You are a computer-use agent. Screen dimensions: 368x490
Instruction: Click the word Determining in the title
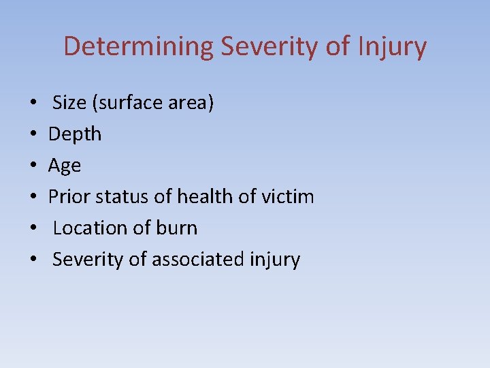coord(137,47)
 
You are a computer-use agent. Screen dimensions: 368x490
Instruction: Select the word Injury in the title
coord(393,47)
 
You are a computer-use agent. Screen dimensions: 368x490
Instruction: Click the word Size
coord(70,103)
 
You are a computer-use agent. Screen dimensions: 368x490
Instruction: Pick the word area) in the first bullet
coord(191,103)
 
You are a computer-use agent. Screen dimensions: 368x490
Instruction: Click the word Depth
coord(75,134)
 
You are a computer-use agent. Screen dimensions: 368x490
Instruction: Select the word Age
coord(65,166)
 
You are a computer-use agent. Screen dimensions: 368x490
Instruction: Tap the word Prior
coord(69,197)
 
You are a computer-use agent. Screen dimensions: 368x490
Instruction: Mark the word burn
coord(176,228)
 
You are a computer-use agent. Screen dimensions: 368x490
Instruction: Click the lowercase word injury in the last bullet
coord(275,260)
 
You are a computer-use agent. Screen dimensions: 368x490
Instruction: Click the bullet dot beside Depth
coord(33,135)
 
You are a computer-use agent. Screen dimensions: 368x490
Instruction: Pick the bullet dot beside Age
coord(33,166)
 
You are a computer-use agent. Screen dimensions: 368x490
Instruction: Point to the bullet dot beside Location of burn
coord(33,229)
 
